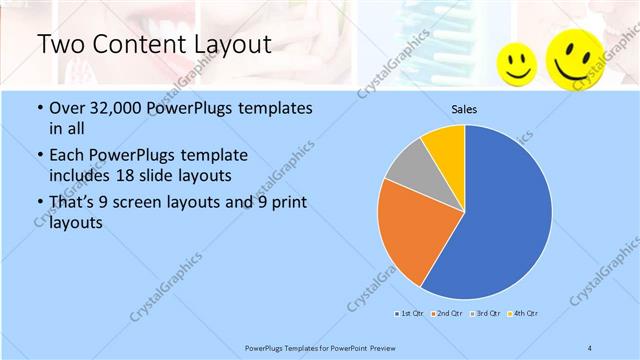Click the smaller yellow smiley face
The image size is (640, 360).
point(517,63)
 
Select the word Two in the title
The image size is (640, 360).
point(59,44)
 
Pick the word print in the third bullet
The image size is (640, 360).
point(281,204)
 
